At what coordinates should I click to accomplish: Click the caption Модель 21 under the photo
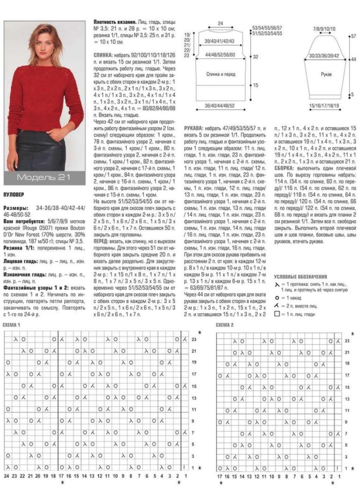(44, 177)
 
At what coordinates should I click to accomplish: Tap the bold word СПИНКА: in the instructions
(104, 53)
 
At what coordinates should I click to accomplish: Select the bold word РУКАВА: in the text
(194, 127)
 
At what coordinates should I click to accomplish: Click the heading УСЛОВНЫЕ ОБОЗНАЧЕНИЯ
(300, 276)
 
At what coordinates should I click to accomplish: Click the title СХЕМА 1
(12, 324)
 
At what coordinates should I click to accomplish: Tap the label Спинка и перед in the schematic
(220, 73)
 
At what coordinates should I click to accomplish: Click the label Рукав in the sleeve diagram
(326, 75)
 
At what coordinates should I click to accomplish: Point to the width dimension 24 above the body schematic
(220, 24)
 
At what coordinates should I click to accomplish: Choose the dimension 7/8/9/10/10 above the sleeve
(324, 28)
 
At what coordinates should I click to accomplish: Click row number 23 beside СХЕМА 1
(194, 339)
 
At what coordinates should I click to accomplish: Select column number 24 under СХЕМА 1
(7, 475)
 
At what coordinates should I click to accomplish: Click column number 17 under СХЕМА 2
(220, 475)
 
